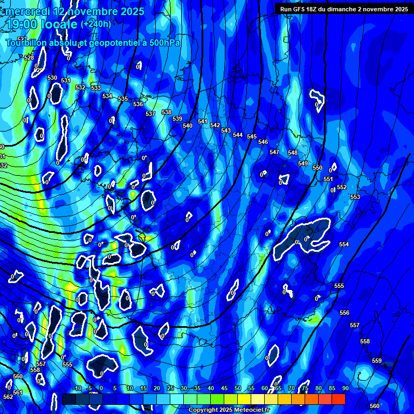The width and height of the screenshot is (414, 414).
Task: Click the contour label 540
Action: [x=188, y=126]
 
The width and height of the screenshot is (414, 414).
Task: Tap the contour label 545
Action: [x=252, y=136]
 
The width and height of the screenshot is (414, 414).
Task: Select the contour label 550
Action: [x=318, y=168]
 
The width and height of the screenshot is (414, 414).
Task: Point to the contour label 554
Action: [x=344, y=244]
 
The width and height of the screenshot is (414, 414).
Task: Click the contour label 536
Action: [x=138, y=104]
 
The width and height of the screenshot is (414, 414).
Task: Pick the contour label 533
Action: [x=96, y=88]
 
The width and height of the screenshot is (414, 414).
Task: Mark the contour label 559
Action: [x=377, y=361]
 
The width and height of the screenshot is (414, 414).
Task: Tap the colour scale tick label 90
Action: [x=345, y=388]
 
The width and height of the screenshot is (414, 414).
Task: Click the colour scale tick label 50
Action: [x=238, y=388]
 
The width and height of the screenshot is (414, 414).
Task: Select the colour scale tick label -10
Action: [x=77, y=388]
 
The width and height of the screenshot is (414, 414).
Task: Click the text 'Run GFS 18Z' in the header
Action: [x=300, y=9]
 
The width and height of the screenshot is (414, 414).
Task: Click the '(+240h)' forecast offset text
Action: [x=96, y=24]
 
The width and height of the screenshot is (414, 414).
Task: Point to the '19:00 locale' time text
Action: [x=42, y=24]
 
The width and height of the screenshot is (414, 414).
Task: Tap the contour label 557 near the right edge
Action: [x=354, y=325]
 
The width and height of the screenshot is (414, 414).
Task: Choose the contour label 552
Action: [x=342, y=187]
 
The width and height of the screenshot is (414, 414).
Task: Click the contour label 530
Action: [x=52, y=78]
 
